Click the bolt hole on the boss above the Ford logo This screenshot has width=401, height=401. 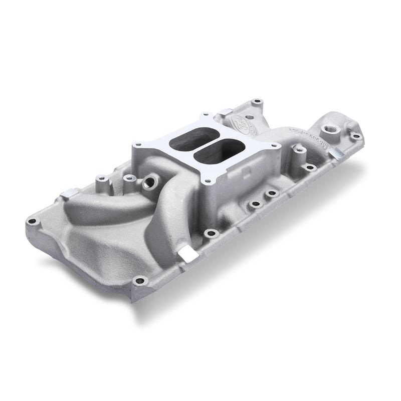[x=257, y=102]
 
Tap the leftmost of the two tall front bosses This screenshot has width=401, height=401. [x=100, y=178]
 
